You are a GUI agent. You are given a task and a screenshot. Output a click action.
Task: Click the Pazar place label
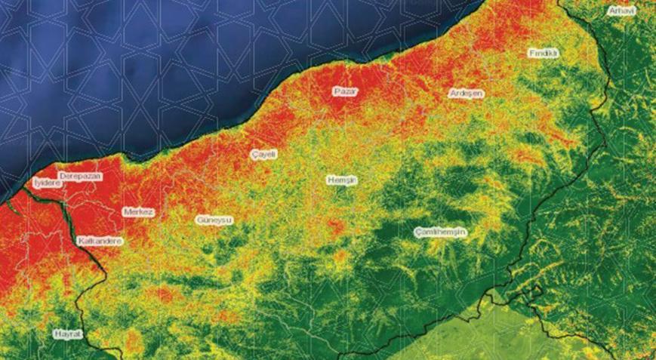coord(345,91)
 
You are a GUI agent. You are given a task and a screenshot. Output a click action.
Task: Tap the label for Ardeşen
coord(466,93)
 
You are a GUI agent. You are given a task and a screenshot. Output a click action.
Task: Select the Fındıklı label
coord(543,54)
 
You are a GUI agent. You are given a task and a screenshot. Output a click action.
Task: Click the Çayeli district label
coord(264,154)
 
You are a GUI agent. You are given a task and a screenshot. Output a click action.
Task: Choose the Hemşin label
coord(341,180)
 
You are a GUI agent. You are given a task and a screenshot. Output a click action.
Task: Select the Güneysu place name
coord(214,220)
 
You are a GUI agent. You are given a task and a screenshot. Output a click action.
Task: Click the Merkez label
coord(138,212)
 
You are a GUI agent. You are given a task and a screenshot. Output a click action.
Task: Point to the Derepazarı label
coord(80,176)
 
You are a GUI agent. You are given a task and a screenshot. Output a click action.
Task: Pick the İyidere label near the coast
coord(47,183)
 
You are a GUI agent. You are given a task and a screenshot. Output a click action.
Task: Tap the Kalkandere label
coord(100,241)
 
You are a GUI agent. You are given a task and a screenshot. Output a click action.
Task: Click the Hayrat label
coord(66,333)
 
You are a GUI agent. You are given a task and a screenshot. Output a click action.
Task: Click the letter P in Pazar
coord(337,91)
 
